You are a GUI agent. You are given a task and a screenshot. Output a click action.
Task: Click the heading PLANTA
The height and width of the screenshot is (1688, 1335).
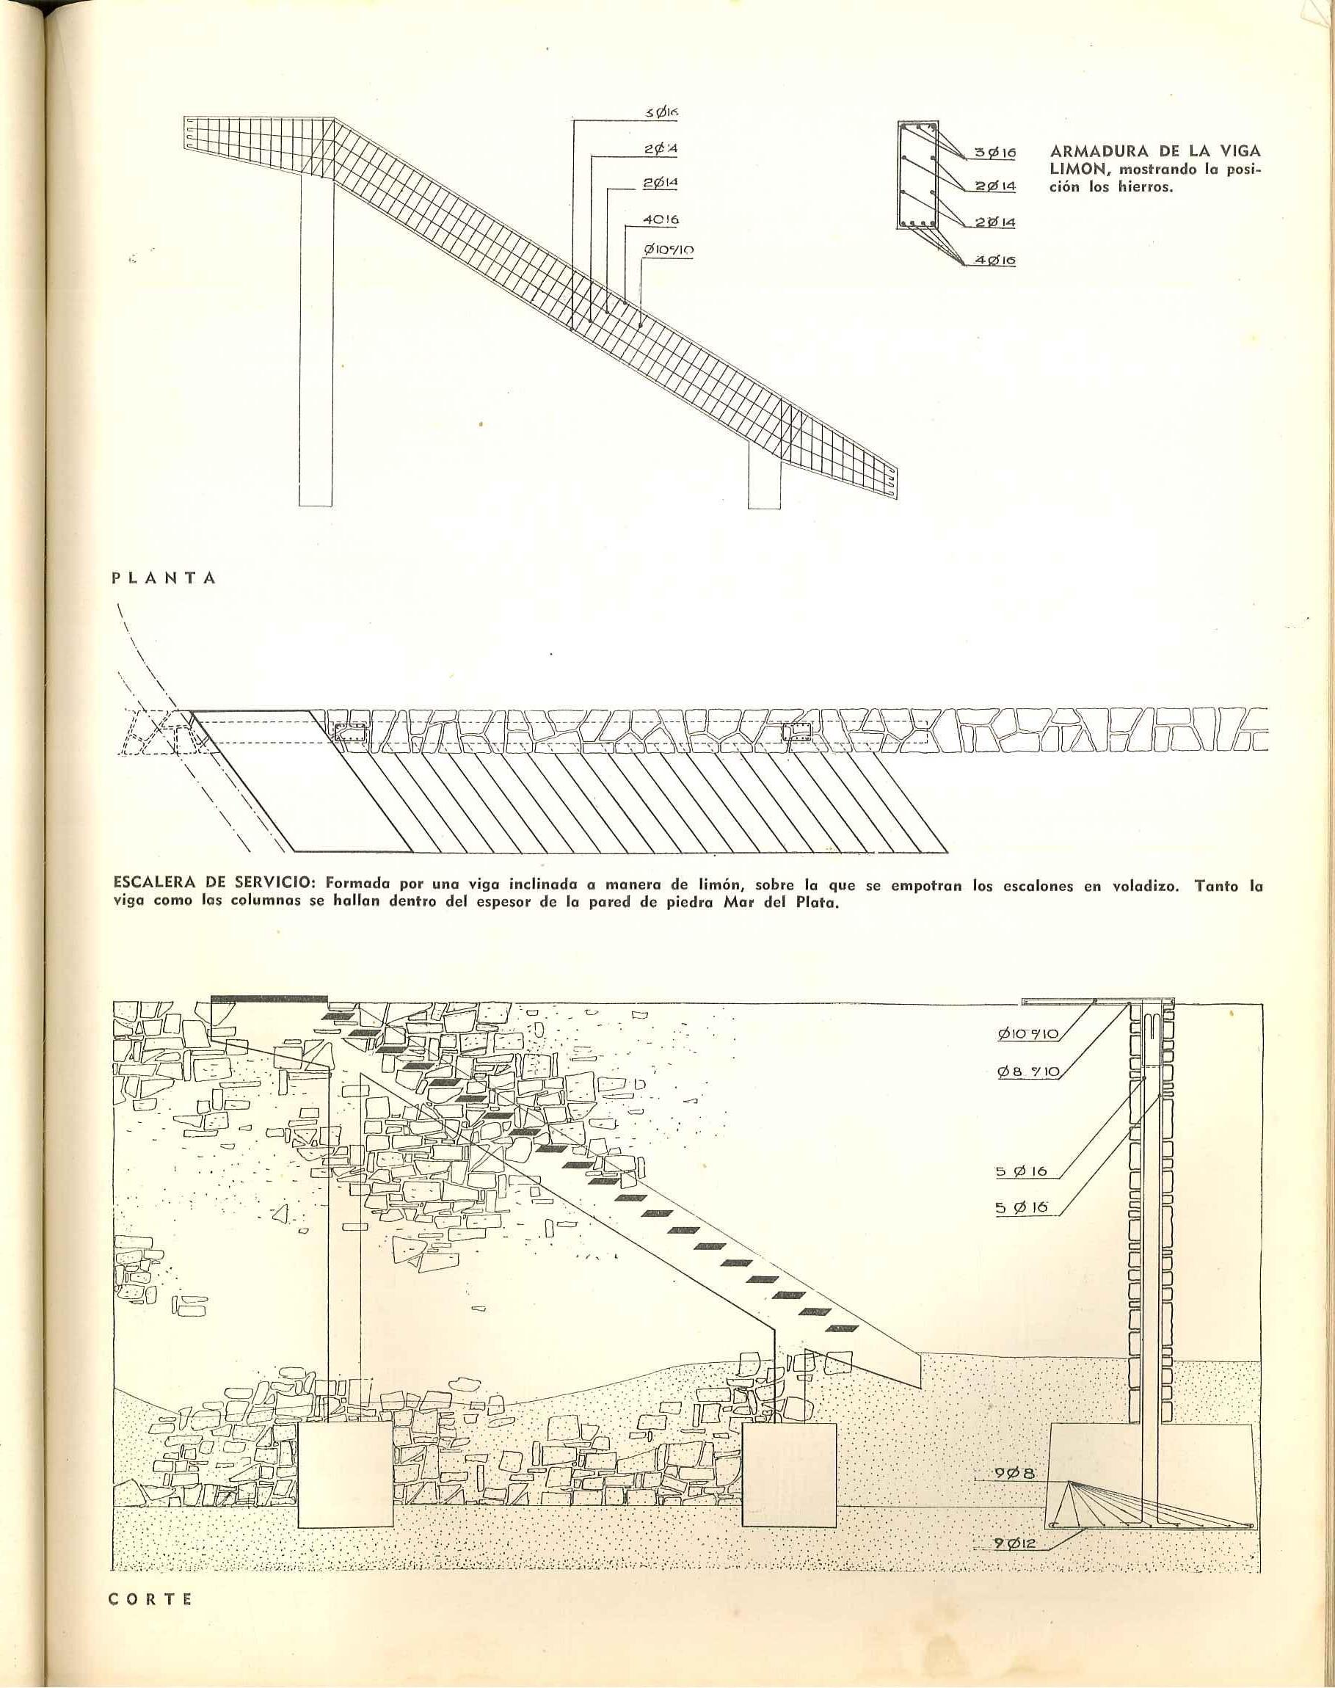[164, 579]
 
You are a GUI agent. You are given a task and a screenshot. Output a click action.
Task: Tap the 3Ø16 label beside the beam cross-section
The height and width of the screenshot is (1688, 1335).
[995, 154]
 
